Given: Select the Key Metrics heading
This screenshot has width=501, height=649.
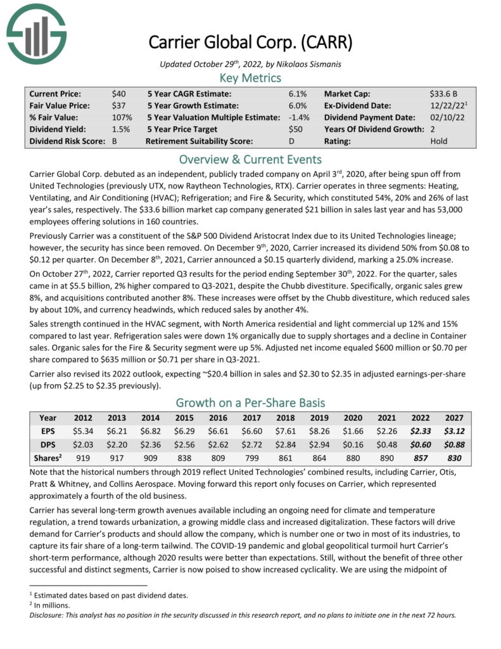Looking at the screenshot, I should coord(250,78).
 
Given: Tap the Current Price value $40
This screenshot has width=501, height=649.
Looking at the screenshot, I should coord(118,93).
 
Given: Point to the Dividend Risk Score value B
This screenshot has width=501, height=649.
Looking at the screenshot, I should coord(115,141).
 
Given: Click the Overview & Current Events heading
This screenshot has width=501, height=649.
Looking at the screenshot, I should coord(250,158).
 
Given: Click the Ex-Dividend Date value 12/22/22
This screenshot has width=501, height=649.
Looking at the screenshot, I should coord(443,105).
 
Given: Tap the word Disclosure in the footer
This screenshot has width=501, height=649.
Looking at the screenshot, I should coord(48,614).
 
